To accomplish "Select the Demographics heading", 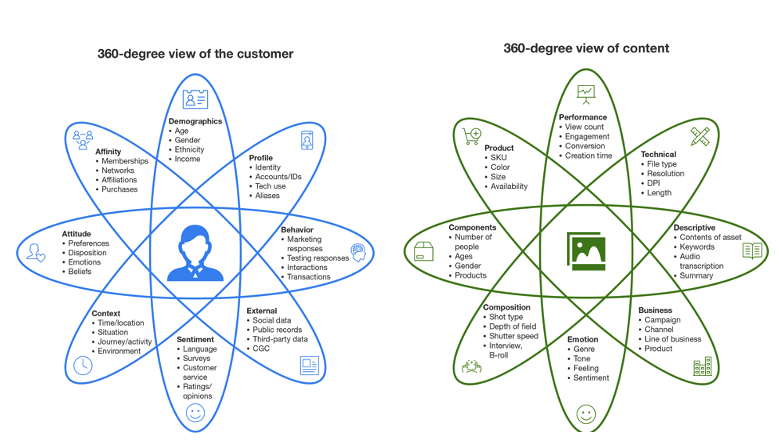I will [194, 121].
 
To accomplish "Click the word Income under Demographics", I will [187, 159].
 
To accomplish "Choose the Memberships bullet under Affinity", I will [124, 161].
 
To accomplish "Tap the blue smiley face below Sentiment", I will [195, 411].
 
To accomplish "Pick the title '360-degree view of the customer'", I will [195, 54].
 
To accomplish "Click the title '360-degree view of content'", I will [586, 48].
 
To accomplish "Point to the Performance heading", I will [583, 117].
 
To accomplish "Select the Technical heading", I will [658, 154].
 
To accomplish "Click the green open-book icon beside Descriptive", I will [752, 250].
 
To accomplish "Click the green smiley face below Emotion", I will [585, 411].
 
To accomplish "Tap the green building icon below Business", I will [702, 367].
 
